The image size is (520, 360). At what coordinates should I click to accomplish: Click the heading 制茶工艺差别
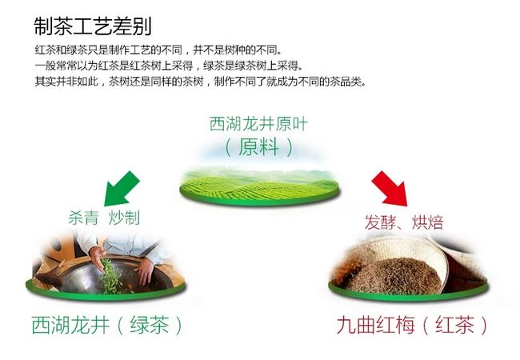[x=93, y=26]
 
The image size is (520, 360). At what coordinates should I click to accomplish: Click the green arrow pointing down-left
[x=122, y=188]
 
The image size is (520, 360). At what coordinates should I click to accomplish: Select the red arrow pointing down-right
[x=390, y=188]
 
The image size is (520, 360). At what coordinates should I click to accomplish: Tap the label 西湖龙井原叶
[x=258, y=124]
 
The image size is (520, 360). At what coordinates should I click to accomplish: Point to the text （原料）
[x=258, y=147]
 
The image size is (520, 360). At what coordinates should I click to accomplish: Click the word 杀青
[x=83, y=218]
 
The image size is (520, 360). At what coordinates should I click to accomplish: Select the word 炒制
[x=124, y=218]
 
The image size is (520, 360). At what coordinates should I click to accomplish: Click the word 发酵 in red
[x=380, y=222]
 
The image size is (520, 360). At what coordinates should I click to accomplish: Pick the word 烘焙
[x=427, y=222]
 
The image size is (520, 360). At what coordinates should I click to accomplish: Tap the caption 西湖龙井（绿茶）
[x=106, y=325]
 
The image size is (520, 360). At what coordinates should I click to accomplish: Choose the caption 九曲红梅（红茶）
[x=412, y=325]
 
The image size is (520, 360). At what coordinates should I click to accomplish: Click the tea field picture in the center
[x=260, y=186]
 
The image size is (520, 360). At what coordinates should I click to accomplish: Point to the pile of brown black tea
[x=394, y=277]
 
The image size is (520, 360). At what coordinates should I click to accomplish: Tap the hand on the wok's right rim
[x=146, y=271]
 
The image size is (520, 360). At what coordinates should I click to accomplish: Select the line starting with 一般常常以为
[x=169, y=66]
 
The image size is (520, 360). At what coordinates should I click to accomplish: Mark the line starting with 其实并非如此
[x=201, y=82]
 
